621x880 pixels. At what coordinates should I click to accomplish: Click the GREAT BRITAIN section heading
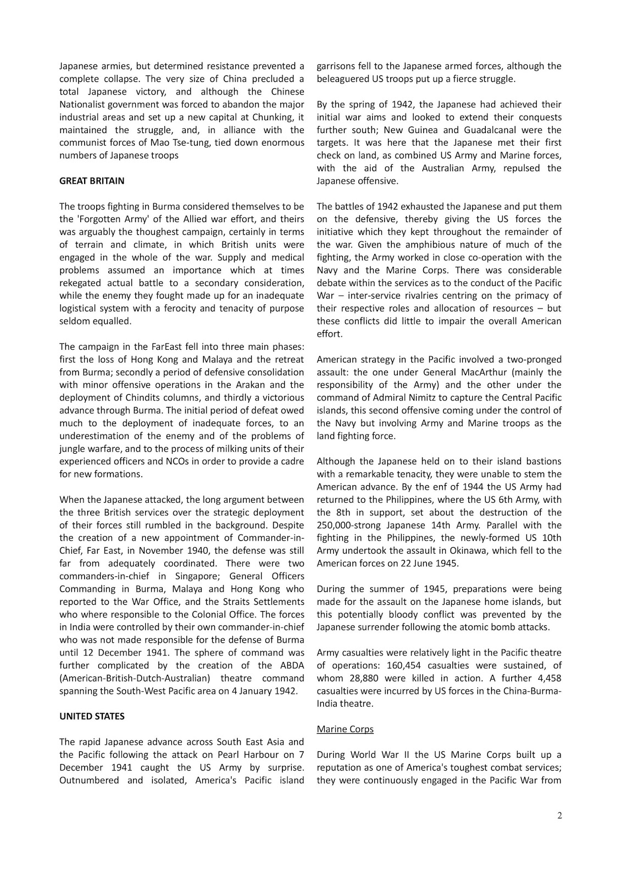pyautogui.click(x=92, y=181)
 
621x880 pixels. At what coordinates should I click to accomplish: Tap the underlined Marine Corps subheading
pyautogui.click(x=345, y=729)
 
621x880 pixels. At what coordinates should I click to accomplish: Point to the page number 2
pyautogui.click(x=559, y=816)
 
